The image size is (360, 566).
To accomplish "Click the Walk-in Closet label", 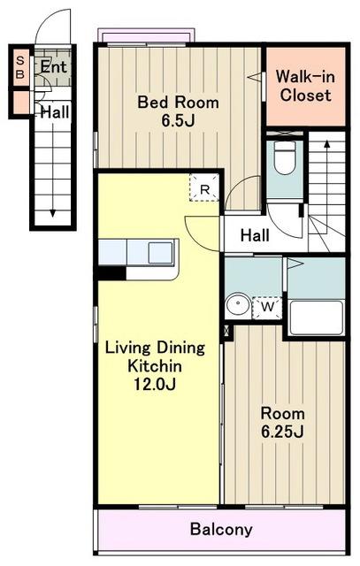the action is click(305, 86).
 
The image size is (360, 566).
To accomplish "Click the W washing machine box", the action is click(267, 308).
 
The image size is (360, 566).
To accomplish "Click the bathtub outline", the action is click(317, 317).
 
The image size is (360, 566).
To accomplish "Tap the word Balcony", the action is click(221, 530).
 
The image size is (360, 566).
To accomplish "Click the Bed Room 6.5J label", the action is click(178, 111).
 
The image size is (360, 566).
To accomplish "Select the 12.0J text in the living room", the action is click(155, 384).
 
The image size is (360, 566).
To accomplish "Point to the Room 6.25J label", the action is click(283, 423).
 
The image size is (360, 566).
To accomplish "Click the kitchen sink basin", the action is click(160, 253).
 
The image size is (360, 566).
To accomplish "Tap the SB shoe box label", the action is click(20, 67).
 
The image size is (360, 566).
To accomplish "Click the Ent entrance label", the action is click(53, 67).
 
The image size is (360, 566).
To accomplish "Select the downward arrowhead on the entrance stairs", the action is click(53, 213).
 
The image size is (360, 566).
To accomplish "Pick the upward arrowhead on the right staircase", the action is click(326, 143).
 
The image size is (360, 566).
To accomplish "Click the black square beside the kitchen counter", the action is click(111, 273).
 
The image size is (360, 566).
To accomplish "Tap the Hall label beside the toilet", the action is click(255, 235).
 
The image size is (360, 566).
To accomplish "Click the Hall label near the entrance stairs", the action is click(55, 112).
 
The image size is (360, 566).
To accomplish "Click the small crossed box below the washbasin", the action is click(226, 330).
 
